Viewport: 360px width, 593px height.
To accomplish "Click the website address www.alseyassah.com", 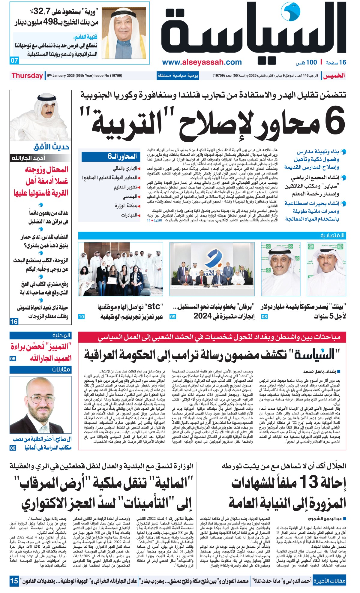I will click(202, 62).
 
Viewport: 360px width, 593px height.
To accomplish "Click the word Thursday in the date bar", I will click(27, 76).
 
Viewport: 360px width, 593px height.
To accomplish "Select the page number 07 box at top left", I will click(14, 60).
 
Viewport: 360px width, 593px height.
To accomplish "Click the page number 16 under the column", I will click(14, 321).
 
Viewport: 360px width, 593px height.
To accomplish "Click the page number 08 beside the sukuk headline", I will click(264, 317).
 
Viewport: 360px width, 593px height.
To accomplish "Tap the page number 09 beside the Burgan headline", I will click(173, 317).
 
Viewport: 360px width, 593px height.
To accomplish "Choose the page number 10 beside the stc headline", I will click(81, 317).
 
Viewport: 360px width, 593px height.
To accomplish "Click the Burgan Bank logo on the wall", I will click(212, 258).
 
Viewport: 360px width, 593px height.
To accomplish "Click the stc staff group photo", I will click(121, 269).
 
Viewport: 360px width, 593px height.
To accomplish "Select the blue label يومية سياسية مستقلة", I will click(178, 76).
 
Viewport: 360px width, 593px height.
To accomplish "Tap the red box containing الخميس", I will click(333, 76).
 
